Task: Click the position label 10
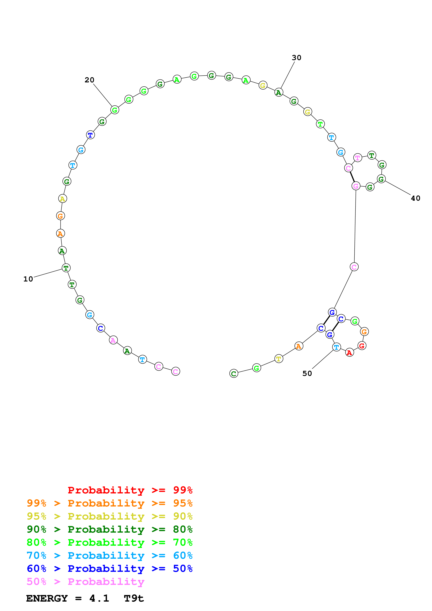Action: [x=28, y=279]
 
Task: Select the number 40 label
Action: [x=415, y=198]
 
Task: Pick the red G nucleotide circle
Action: [x=362, y=346]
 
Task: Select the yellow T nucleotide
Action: [x=278, y=359]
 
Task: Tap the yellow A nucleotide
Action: [x=63, y=199]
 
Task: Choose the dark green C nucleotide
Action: [x=234, y=373]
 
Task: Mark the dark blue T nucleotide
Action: [x=90, y=135]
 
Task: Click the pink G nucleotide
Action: [x=356, y=186]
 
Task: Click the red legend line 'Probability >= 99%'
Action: [x=130, y=490]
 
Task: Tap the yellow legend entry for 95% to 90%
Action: [x=109, y=516]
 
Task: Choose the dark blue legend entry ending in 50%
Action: [x=109, y=569]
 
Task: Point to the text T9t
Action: [x=134, y=598]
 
